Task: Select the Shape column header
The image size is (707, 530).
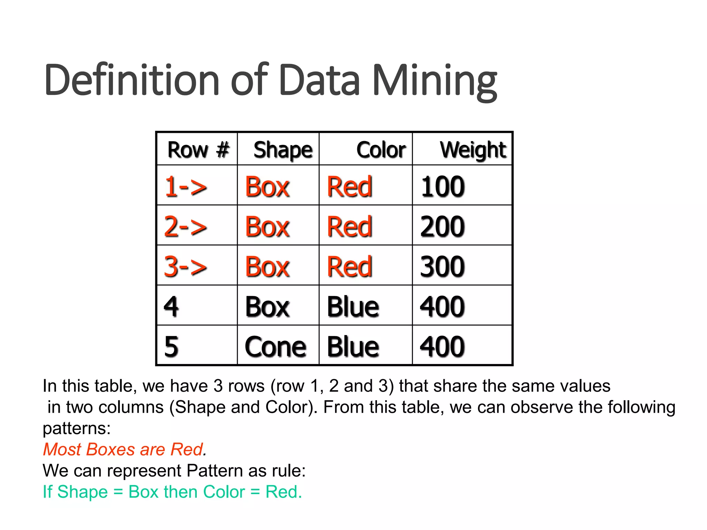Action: [x=283, y=150]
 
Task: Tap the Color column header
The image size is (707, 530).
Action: [x=381, y=150]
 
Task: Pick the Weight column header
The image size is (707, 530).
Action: [x=473, y=150]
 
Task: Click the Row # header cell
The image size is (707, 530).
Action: [x=198, y=150]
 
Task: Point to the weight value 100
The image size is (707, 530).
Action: [x=443, y=187]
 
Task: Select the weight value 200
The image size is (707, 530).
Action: [x=443, y=227]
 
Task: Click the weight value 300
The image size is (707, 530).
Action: [x=443, y=267]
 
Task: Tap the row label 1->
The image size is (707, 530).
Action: [x=186, y=187]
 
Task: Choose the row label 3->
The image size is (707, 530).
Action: [x=186, y=267]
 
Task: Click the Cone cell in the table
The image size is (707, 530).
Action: [x=275, y=347]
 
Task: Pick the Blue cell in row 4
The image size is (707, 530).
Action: [x=353, y=307]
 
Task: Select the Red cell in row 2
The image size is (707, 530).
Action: [x=349, y=227]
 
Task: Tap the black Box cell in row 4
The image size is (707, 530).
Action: [x=267, y=307]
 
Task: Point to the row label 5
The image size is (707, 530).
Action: [x=171, y=347]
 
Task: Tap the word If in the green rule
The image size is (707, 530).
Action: [x=47, y=492]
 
